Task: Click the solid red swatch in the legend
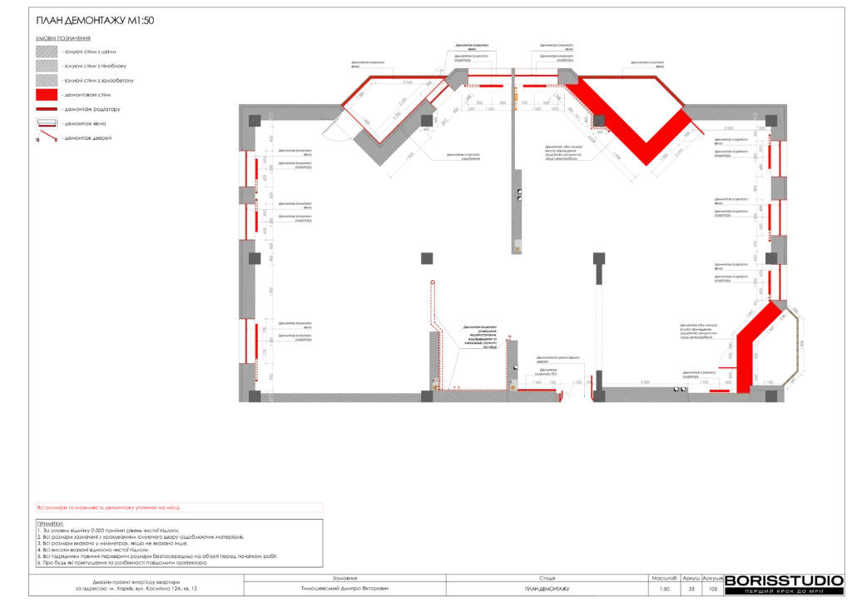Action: (x=47, y=94)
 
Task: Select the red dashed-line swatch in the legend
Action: (x=47, y=108)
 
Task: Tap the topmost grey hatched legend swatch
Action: (x=47, y=51)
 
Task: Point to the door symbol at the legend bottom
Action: (x=47, y=136)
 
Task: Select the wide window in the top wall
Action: (x=512, y=77)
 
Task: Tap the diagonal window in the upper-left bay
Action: (x=441, y=95)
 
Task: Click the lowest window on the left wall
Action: (x=248, y=340)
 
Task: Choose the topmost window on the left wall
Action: (x=248, y=169)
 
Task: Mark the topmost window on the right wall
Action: (x=779, y=158)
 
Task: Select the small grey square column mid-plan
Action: (x=428, y=257)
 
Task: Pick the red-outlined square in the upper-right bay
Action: (x=598, y=121)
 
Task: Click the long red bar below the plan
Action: (x=179, y=506)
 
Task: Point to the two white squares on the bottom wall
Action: (x=679, y=388)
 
